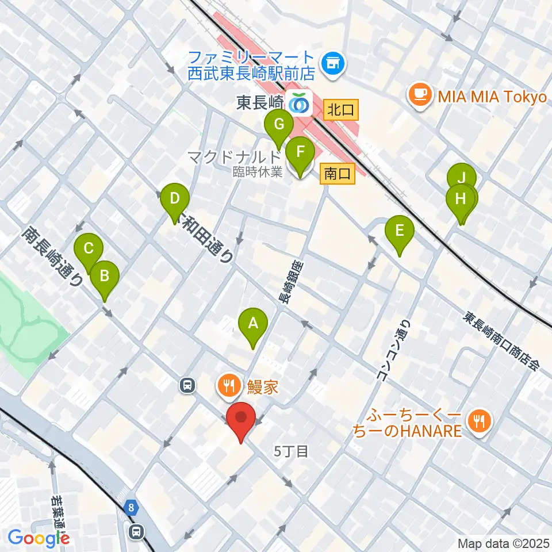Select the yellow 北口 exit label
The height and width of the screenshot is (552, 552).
coord(342,109)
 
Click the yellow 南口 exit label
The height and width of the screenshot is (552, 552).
coord(338,173)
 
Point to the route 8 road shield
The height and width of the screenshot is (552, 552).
coord(132,507)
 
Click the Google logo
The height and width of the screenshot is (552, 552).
coord(39,539)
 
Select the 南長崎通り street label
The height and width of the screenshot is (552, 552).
coord(53,257)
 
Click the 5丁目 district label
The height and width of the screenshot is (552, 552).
coord(292,451)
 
